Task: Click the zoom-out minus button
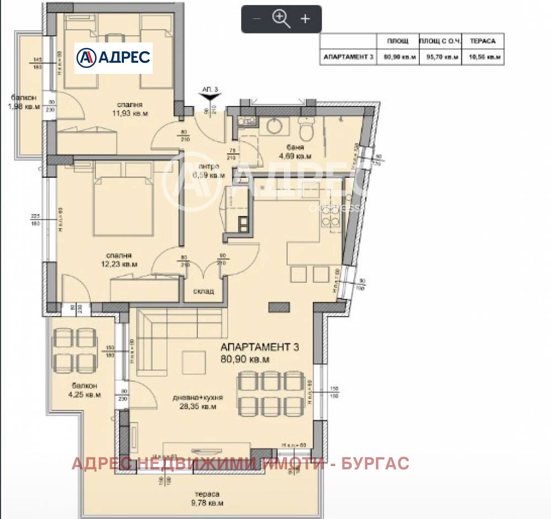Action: pos(256,19)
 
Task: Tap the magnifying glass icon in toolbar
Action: pos(281,19)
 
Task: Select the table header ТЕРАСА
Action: pos(482,41)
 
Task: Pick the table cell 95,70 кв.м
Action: pos(440,57)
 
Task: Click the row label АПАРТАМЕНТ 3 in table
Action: pos(348,57)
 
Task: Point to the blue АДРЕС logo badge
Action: pos(114,57)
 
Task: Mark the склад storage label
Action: pos(203,291)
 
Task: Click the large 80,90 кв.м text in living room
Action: pos(245,360)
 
